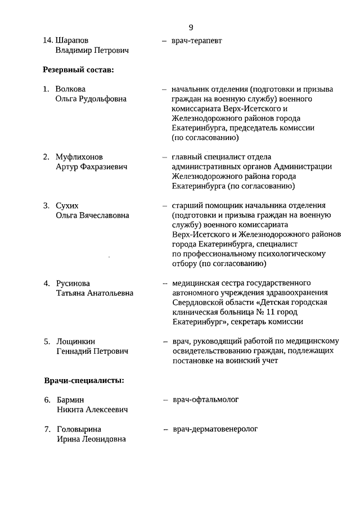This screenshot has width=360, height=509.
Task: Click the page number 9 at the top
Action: [x=191, y=27]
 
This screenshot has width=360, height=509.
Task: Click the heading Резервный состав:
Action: [x=78, y=70]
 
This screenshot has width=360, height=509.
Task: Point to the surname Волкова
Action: [x=70, y=89]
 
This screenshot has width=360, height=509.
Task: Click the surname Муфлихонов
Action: [x=79, y=156]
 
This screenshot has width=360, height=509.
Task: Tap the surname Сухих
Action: [x=67, y=205]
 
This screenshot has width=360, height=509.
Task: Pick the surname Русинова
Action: [x=73, y=283]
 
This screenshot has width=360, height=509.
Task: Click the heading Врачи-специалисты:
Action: [x=84, y=381]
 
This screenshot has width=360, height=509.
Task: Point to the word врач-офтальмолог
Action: [x=206, y=400]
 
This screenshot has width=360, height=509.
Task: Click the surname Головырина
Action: [x=79, y=429]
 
